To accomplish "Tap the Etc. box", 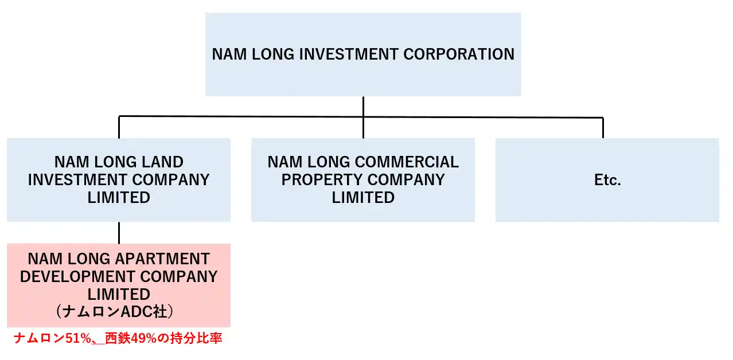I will [607, 180].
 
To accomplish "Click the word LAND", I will [163, 162].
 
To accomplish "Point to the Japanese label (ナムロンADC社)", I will [119, 312].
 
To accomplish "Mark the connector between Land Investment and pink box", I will [119, 233].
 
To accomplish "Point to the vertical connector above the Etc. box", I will [603, 128].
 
